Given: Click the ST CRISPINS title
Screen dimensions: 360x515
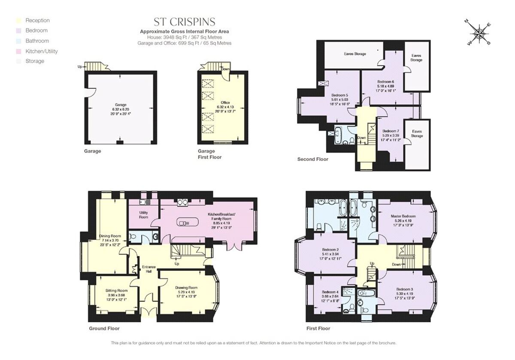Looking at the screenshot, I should pyautogui.click(x=185, y=22).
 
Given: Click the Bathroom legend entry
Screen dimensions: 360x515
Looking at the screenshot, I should pyautogui.click(x=37, y=41).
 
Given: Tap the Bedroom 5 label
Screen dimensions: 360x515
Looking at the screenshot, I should pyautogui.click(x=340, y=95).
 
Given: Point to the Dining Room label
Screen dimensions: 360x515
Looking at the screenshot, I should pyautogui.click(x=111, y=236).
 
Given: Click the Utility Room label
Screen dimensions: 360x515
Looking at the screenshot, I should pyautogui.click(x=143, y=215).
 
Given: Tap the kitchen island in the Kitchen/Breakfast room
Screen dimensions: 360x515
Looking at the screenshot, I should pyautogui.click(x=187, y=223).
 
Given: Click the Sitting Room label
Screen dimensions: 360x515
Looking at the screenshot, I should pyautogui.click(x=117, y=290).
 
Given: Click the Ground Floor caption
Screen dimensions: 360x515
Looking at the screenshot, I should pyautogui.click(x=104, y=328).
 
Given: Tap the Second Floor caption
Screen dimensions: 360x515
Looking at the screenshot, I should pyautogui.click(x=312, y=159).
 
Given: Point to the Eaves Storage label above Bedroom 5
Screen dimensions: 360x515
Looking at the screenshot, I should pyautogui.click(x=354, y=54).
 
